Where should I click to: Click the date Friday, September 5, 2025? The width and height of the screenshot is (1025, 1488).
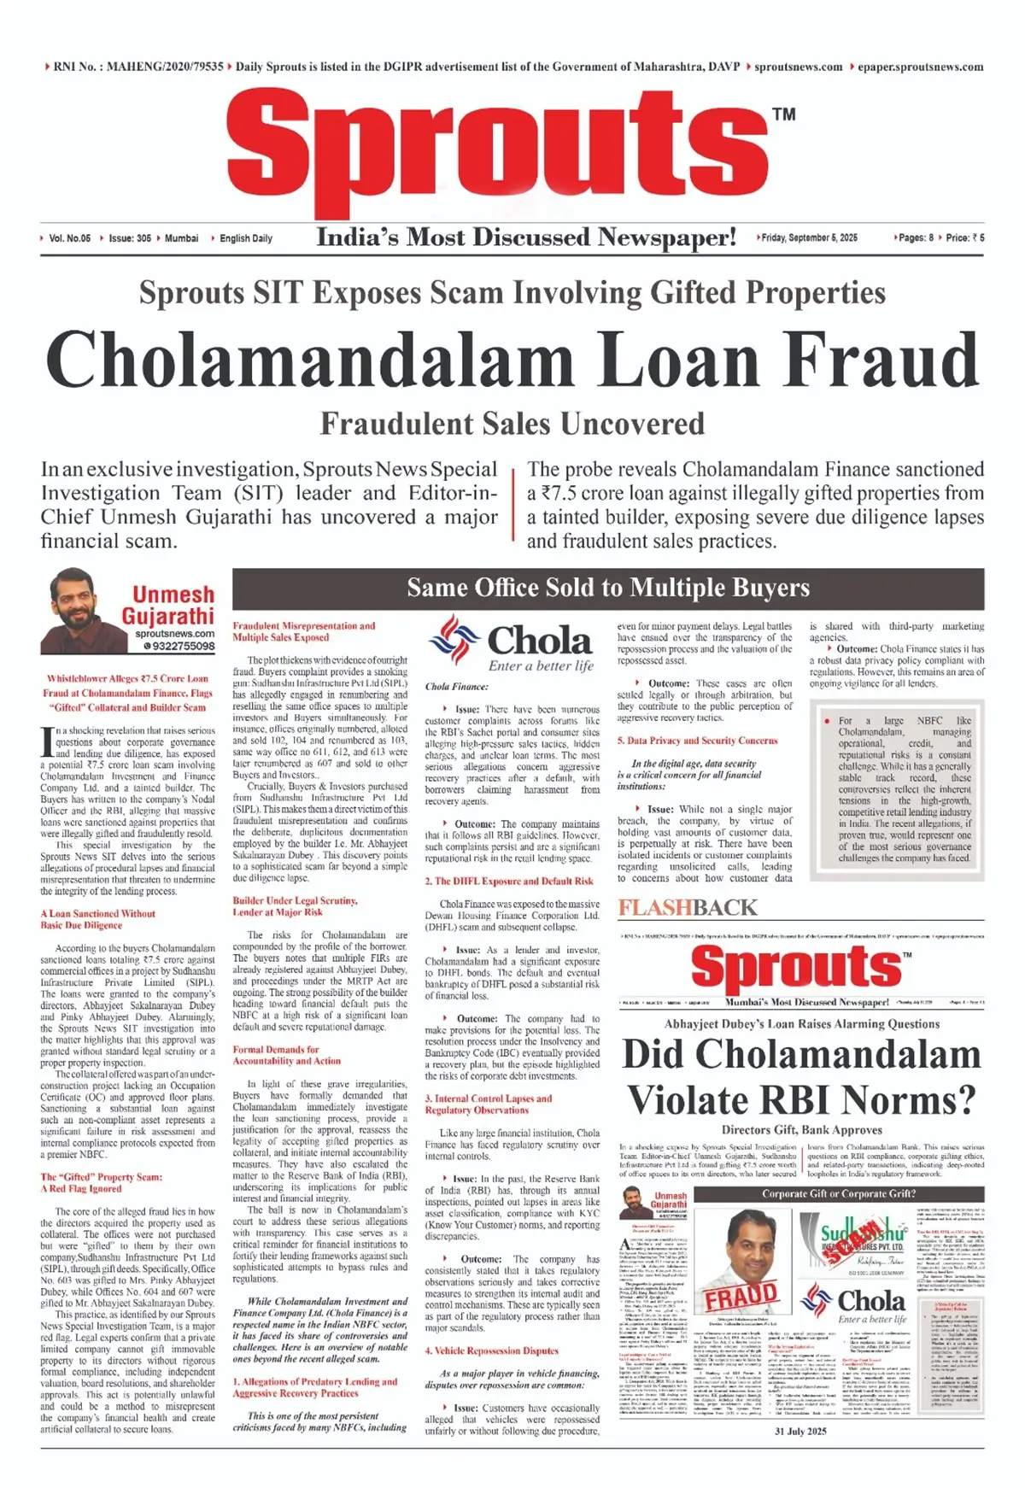pos(809,237)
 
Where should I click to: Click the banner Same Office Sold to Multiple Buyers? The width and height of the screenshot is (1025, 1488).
pos(607,588)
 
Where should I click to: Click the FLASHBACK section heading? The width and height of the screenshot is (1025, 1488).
pos(688,907)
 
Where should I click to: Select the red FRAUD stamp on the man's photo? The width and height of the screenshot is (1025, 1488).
pos(740,1297)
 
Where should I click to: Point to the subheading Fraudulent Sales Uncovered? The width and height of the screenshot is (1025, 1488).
pos(512,424)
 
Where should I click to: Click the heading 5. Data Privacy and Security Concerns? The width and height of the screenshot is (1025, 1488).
pos(697,741)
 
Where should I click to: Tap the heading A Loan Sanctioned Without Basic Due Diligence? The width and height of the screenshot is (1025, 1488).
pos(97,919)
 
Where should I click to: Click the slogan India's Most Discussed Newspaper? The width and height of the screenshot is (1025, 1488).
pos(526,237)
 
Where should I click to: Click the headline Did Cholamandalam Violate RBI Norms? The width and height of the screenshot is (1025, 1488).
pos(801,1077)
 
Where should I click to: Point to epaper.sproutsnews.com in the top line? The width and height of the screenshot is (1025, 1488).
pos(920,67)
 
